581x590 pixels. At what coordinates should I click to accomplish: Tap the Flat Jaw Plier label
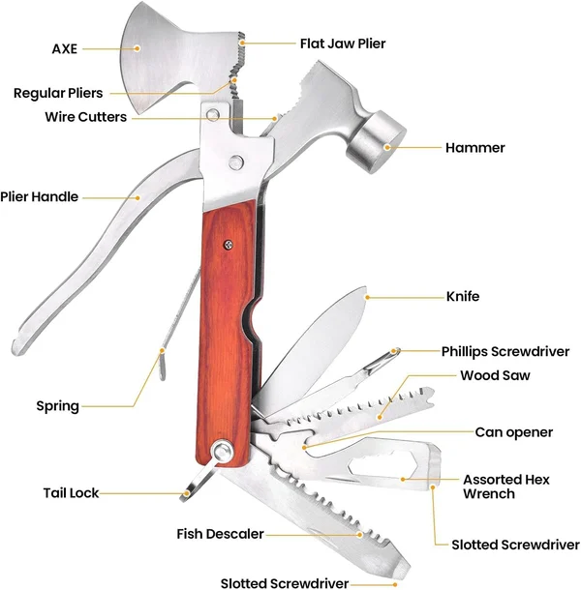(x=344, y=43)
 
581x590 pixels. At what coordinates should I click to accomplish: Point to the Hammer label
(x=474, y=148)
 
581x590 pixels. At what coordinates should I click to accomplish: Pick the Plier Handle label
(x=40, y=196)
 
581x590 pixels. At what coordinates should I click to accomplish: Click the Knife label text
(x=462, y=297)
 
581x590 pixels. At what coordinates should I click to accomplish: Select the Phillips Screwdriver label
(x=505, y=351)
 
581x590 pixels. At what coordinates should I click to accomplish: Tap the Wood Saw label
(x=495, y=375)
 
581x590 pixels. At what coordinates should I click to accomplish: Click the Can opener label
(x=513, y=431)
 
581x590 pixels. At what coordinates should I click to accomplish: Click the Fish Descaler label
(x=220, y=534)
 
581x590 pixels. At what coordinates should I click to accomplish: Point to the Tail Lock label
(x=71, y=493)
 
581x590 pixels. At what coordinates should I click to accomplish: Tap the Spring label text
(x=57, y=405)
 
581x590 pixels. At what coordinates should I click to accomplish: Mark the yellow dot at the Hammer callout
(x=386, y=148)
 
